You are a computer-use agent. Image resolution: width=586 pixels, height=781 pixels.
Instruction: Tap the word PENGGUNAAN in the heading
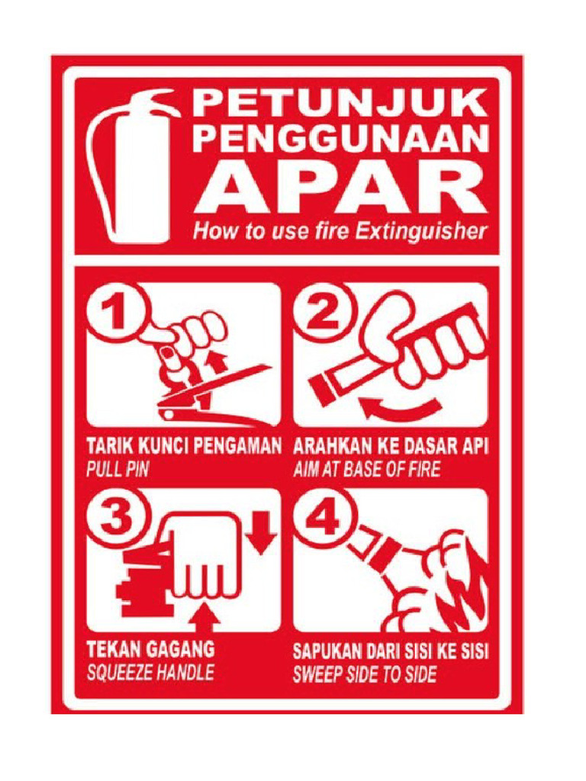pyautogui.click(x=340, y=140)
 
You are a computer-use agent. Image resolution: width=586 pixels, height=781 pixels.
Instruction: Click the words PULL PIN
pyautogui.click(x=117, y=469)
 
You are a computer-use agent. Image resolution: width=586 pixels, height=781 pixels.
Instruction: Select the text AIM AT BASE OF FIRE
pyautogui.click(x=366, y=469)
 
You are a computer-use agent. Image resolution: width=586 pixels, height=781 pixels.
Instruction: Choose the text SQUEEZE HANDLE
pyautogui.click(x=150, y=673)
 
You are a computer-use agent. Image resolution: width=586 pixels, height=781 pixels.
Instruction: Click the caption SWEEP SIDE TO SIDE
pyautogui.click(x=365, y=673)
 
